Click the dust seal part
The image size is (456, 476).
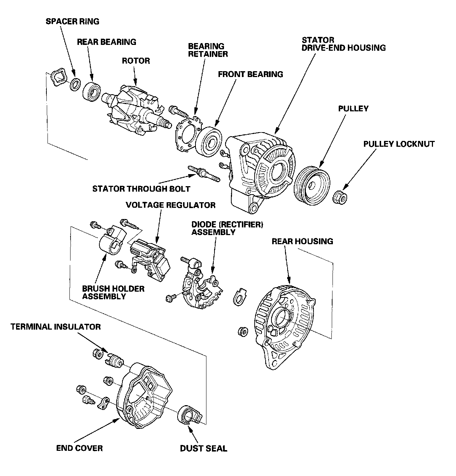pos(189,416)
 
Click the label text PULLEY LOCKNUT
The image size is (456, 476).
pos(399,144)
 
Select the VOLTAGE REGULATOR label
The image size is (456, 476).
pos(171,205)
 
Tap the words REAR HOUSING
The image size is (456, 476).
pos(302,241)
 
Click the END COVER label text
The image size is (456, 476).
pos(79,448)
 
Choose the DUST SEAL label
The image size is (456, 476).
pos(204,448)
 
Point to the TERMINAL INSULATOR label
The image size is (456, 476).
pos(56,326)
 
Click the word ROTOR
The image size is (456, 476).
pos(136,61)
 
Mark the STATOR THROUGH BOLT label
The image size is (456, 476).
pos(141,189)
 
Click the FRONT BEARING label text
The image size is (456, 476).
pos(250,74)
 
